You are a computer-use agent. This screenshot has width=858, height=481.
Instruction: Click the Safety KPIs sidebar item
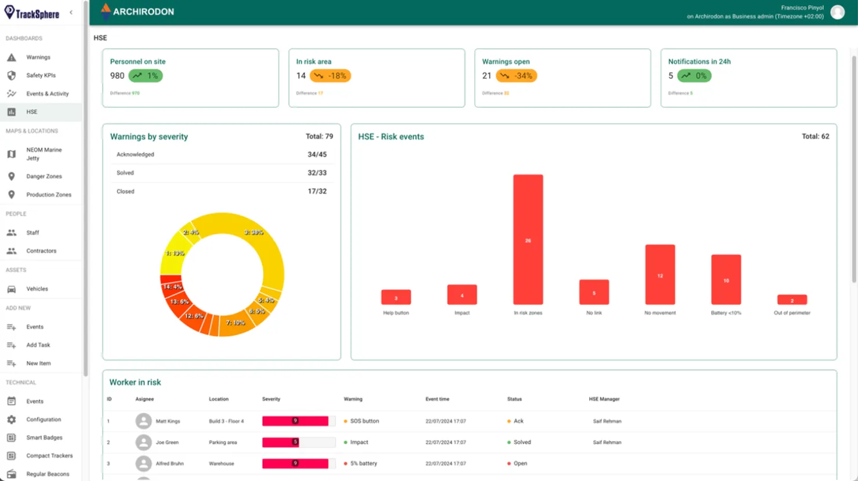[x=41, y=75]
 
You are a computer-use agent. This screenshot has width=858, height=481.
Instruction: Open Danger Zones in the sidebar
[x=43, y=176]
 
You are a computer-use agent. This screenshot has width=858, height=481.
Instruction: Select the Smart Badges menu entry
[x=44, y=438]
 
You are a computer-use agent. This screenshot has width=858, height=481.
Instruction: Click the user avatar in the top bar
[x=837, y=12]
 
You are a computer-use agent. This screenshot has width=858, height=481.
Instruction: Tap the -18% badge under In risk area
[x=330, y=76]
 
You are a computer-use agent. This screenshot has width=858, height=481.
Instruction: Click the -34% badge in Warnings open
[x=517, y=76]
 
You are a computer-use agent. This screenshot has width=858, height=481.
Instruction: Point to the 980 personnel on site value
[x=117, y=76]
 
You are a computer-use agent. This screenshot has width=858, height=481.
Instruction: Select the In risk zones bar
[x=528, y=239]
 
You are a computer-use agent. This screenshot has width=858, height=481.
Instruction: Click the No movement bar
[x=660, y=274]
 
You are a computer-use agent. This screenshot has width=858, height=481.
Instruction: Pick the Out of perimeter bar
[x=792, y=300]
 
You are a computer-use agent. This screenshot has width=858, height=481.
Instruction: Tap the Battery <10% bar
[x=726, y=279]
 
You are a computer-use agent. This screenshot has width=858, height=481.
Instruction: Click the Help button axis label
[x=396, y=313]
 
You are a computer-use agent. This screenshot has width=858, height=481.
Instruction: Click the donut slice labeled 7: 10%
[x=235, y=323]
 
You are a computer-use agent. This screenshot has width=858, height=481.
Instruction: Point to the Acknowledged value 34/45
[x=317, y=155]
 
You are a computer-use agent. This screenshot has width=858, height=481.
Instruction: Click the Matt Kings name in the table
[x=168, y=421]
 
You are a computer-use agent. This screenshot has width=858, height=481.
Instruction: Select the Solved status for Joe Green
[x=522, y=442]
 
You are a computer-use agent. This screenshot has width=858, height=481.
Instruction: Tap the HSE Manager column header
[x=604, y=399]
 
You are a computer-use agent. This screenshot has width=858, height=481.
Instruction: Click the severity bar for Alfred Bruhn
[x=295, y=464]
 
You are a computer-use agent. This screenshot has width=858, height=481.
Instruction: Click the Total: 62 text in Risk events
[x=815, y=137]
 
